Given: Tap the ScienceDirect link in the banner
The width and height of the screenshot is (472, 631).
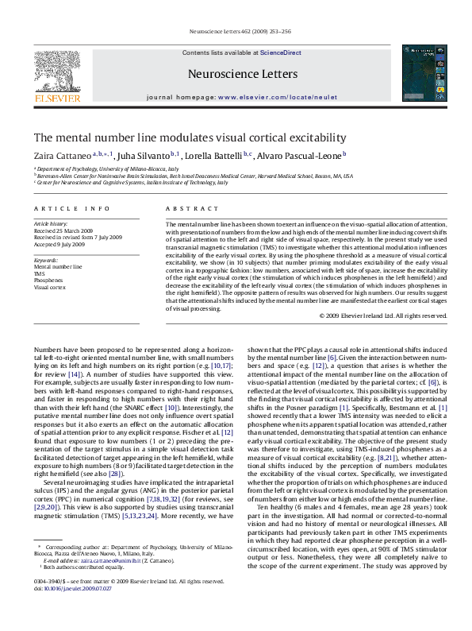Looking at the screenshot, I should tap(281, 52).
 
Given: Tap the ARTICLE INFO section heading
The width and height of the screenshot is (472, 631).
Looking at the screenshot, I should tap(71, 208).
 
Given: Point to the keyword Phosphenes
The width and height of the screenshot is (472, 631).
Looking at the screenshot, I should tap(50, 280).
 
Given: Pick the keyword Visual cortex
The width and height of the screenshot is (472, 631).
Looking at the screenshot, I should tap(50, 287).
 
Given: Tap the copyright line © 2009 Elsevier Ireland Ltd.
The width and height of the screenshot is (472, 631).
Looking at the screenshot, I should tap(383, 315).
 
